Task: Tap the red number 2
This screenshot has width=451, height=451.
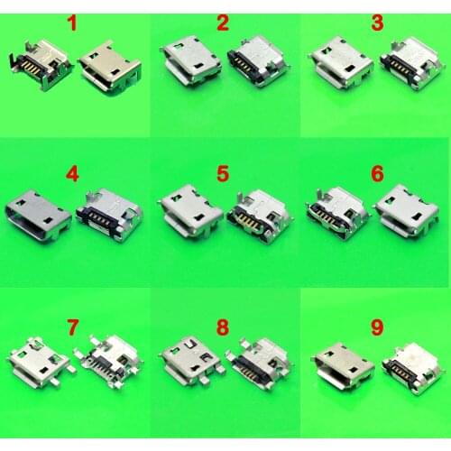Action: [x=222, y=21]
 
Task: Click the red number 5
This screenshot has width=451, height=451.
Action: [x=222, y=169]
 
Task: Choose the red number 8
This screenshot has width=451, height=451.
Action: [x=222, y=320]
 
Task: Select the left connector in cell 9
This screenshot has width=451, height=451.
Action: [x=342, y=364]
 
